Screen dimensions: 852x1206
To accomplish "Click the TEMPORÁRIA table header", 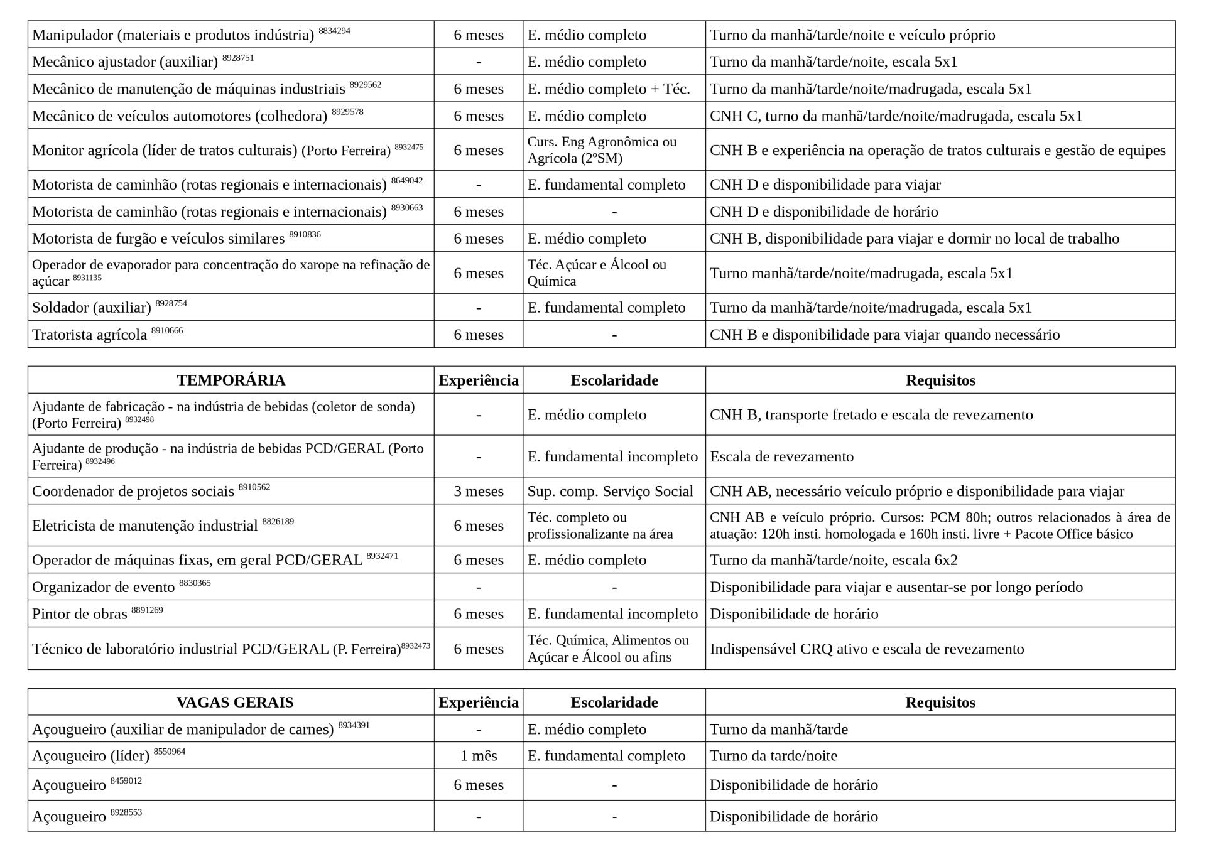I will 231,380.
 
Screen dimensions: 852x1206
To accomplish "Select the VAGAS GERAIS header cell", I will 234,703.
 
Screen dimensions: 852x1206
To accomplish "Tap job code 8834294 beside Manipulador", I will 334,31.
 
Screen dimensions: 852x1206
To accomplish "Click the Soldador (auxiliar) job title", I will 92,308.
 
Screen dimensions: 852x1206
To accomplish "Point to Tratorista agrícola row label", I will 89,335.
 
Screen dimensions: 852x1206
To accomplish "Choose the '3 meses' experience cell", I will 479,491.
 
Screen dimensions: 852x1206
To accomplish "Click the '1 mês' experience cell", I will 479,756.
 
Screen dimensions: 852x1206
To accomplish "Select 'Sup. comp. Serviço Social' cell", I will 610,491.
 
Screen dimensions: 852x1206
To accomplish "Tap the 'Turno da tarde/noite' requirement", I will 773,756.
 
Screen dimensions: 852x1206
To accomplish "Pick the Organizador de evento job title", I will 104,587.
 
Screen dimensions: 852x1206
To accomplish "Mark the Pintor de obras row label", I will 80,614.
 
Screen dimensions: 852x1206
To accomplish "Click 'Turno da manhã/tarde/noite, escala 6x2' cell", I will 834,560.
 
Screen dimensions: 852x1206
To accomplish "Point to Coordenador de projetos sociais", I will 133,491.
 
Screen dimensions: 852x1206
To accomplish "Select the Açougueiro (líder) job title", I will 91,756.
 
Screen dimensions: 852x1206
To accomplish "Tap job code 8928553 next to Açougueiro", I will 126,812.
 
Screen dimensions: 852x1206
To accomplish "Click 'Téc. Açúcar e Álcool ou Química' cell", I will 597,273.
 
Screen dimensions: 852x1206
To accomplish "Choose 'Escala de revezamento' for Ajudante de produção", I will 781,456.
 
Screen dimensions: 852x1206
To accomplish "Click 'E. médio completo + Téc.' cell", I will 608,89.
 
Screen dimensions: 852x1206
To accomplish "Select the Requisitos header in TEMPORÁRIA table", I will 940,380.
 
